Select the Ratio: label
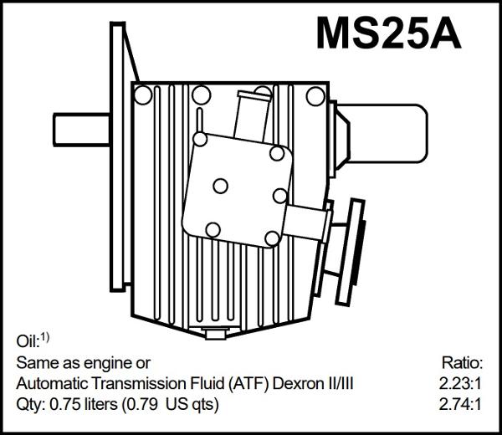point(462,363)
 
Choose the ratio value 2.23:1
point(461,384)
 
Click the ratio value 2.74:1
point(461,406)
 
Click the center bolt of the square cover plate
point(221,186)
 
